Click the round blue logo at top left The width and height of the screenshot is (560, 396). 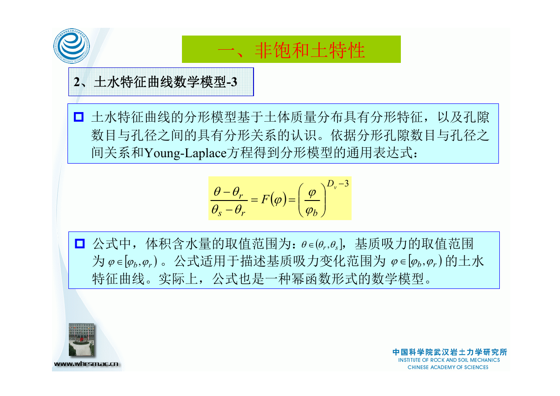[x=72, y=46]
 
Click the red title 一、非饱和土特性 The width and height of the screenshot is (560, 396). [x=291, y=51]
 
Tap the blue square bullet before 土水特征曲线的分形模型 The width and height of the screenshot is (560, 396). [x=78, y=117]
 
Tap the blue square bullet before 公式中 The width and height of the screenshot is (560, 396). [x=79, y=244]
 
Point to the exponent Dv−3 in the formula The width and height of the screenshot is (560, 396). [x=337, y=184]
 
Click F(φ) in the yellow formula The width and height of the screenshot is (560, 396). [x=274, y=200]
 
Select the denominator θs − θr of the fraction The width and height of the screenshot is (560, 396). [x=228, y=210]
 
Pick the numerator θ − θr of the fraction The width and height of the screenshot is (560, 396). [x=228, y=192]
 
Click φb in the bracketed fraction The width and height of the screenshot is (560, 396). [x=311, y=211]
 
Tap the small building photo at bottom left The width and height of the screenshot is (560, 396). [x=82, y=339]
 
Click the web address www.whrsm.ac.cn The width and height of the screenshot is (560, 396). [x=86, y=364]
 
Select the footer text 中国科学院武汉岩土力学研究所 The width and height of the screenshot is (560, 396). [x=450, y=352]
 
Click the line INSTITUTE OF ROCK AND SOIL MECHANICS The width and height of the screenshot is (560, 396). [x=449, y=360]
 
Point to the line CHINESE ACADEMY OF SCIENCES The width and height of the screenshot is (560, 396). [x=448, y=367]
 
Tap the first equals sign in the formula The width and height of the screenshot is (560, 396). [x=254, y=200]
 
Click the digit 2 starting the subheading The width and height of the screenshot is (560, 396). [x=77, y=82]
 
